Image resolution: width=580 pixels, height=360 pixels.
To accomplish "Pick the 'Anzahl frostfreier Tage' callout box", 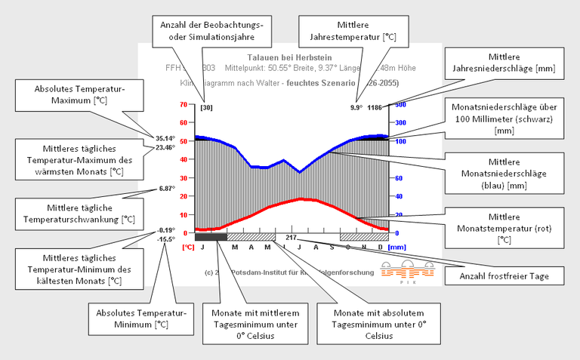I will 514,277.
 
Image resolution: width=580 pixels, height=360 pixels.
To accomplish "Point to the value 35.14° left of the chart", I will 165,139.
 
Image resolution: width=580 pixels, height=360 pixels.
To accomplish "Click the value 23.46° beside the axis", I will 165,148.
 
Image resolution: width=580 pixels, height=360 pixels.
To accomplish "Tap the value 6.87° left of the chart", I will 166,189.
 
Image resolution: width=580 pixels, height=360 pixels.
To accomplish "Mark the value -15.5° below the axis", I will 166,239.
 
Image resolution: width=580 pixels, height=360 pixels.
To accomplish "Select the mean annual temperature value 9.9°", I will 356,107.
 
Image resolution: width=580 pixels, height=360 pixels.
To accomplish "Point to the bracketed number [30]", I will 206,107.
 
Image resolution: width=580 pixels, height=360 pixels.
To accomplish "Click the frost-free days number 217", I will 291,237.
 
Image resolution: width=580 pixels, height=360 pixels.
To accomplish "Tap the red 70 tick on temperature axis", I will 184,104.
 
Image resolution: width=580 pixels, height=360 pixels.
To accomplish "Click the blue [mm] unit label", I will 396,246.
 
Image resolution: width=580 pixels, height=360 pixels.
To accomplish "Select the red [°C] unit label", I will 188,246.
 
